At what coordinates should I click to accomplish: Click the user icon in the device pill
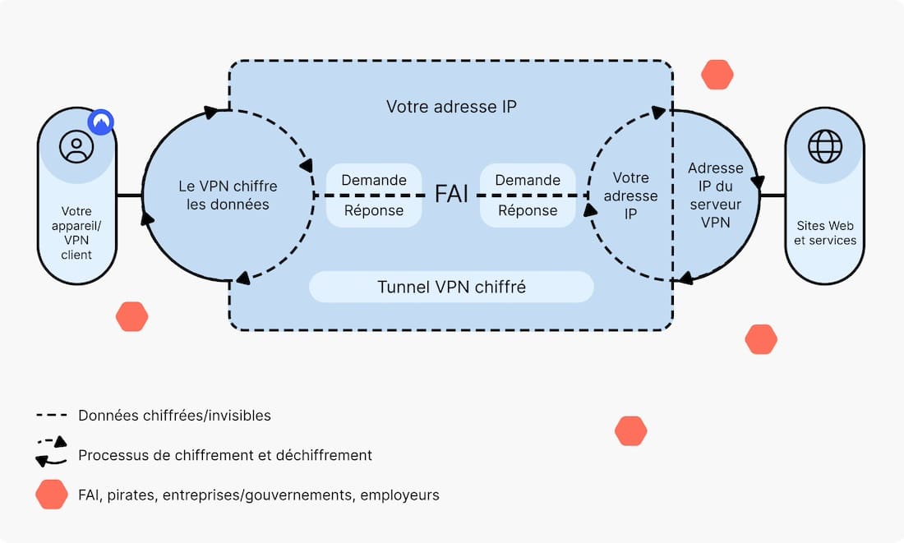[76, 146]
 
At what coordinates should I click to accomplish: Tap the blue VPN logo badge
[101, 122]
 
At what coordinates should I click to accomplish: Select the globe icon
[825, 146]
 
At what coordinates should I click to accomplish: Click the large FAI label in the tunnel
[451, 194]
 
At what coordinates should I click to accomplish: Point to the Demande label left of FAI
[374, 181]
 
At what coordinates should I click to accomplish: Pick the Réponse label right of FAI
[528, 211]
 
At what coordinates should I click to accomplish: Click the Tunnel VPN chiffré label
[451, 287]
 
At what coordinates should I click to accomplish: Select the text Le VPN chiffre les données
[228, 196]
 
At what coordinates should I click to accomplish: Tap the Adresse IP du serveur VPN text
[716, 196]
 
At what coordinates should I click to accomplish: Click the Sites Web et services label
[825, 232]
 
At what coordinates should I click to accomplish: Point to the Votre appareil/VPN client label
[76, 232]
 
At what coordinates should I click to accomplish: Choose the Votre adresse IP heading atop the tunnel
[451, 107]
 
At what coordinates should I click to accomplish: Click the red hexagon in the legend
[52, 495]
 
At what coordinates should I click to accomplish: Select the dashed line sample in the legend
[52, 415]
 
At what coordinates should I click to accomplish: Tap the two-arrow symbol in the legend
[51, 451]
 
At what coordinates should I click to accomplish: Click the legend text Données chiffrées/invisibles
[175, 416]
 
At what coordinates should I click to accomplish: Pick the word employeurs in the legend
[399, 495]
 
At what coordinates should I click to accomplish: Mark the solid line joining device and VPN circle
[129, 196]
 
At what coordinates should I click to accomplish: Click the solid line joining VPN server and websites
[773, 196]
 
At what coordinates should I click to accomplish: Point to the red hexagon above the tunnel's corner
[717, 75]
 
